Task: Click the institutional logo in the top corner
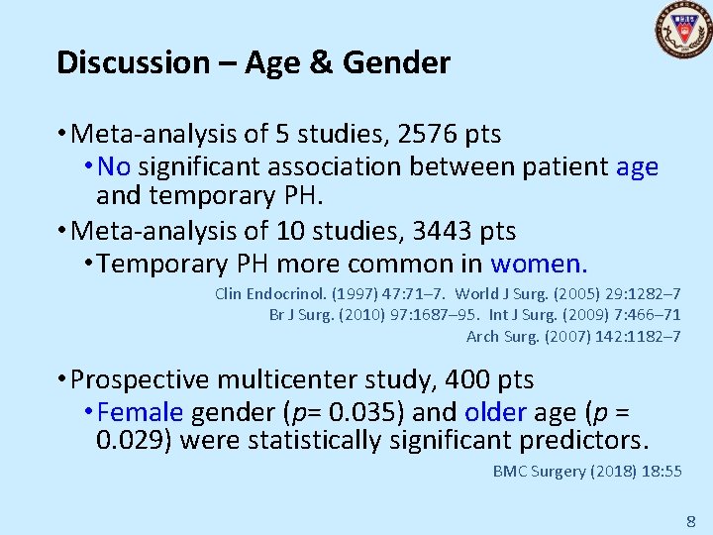[x=683, y=30]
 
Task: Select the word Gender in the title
[x=396, y=62]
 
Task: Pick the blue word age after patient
[x=637, y=167]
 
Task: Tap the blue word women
[x=539, y=264]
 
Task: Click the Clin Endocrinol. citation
[x=328, y=294]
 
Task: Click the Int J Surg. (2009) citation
[x=584, y=315]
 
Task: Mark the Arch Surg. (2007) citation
[x=573, y=336]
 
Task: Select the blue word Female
[x=141, y=411]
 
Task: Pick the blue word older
[x=496, y=411]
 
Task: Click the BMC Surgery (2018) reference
[x=587, y=471]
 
